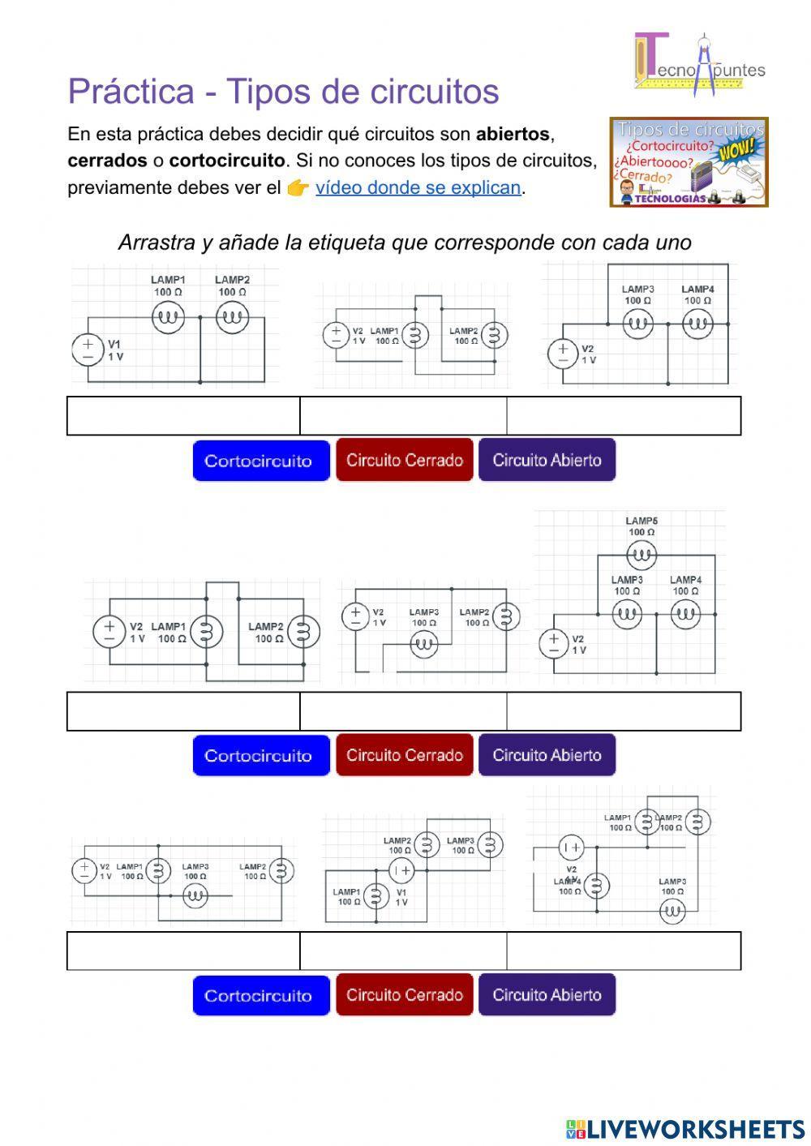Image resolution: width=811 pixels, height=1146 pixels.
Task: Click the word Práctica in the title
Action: point(131,92)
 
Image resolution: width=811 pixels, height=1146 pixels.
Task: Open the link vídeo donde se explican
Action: point(418,188)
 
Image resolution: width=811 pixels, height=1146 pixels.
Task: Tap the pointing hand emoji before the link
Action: point(298,188)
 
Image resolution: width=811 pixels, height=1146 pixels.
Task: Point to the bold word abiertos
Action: point(513,134)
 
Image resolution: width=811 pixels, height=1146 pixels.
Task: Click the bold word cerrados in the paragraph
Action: point(107,161)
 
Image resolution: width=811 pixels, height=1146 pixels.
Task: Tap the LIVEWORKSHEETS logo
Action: point(685,1128)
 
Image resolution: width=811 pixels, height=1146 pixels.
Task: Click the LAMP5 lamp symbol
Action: point(642,556)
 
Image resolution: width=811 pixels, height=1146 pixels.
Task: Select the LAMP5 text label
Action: point(642,521)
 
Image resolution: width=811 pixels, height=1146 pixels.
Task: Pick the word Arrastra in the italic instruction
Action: point(157,243)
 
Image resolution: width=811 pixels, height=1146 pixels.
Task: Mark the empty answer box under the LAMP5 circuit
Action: point(623,711)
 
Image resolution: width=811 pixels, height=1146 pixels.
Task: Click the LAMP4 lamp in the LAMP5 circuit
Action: point(685,615)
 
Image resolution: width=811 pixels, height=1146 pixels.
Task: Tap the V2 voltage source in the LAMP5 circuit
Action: point(554,644)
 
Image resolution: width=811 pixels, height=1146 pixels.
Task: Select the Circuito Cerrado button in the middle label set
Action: point(404,755)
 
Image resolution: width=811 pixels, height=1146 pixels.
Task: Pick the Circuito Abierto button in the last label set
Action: point(547,995)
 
